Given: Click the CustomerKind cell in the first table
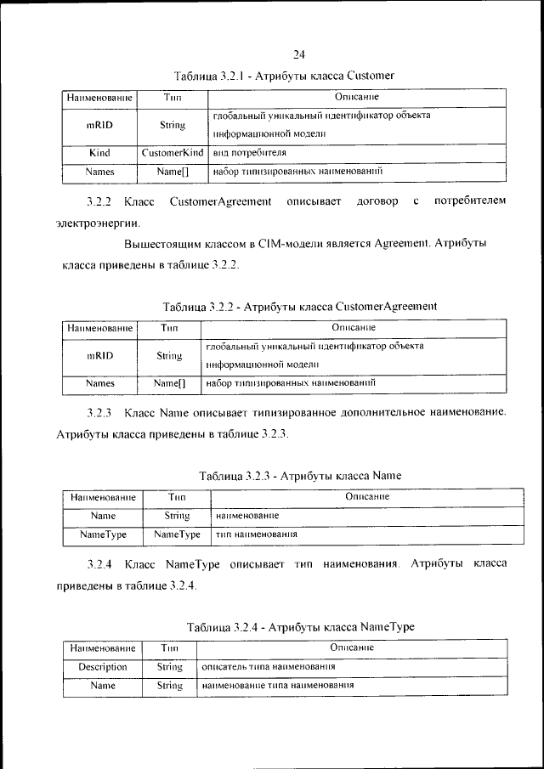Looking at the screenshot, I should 173,153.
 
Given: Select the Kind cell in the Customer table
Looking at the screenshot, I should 100,153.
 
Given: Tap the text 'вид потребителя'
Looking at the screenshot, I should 250,153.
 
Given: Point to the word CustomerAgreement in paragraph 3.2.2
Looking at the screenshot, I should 220,201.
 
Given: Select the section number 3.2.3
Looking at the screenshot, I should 99,413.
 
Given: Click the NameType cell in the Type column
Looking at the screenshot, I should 177,534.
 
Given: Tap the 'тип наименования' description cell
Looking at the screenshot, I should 256,534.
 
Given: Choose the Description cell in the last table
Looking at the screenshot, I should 103,667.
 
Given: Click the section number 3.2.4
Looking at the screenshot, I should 99,563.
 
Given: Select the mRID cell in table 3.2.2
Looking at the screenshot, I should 100,357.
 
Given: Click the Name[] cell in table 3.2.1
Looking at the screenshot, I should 173,171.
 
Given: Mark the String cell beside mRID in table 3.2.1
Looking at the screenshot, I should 173,125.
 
